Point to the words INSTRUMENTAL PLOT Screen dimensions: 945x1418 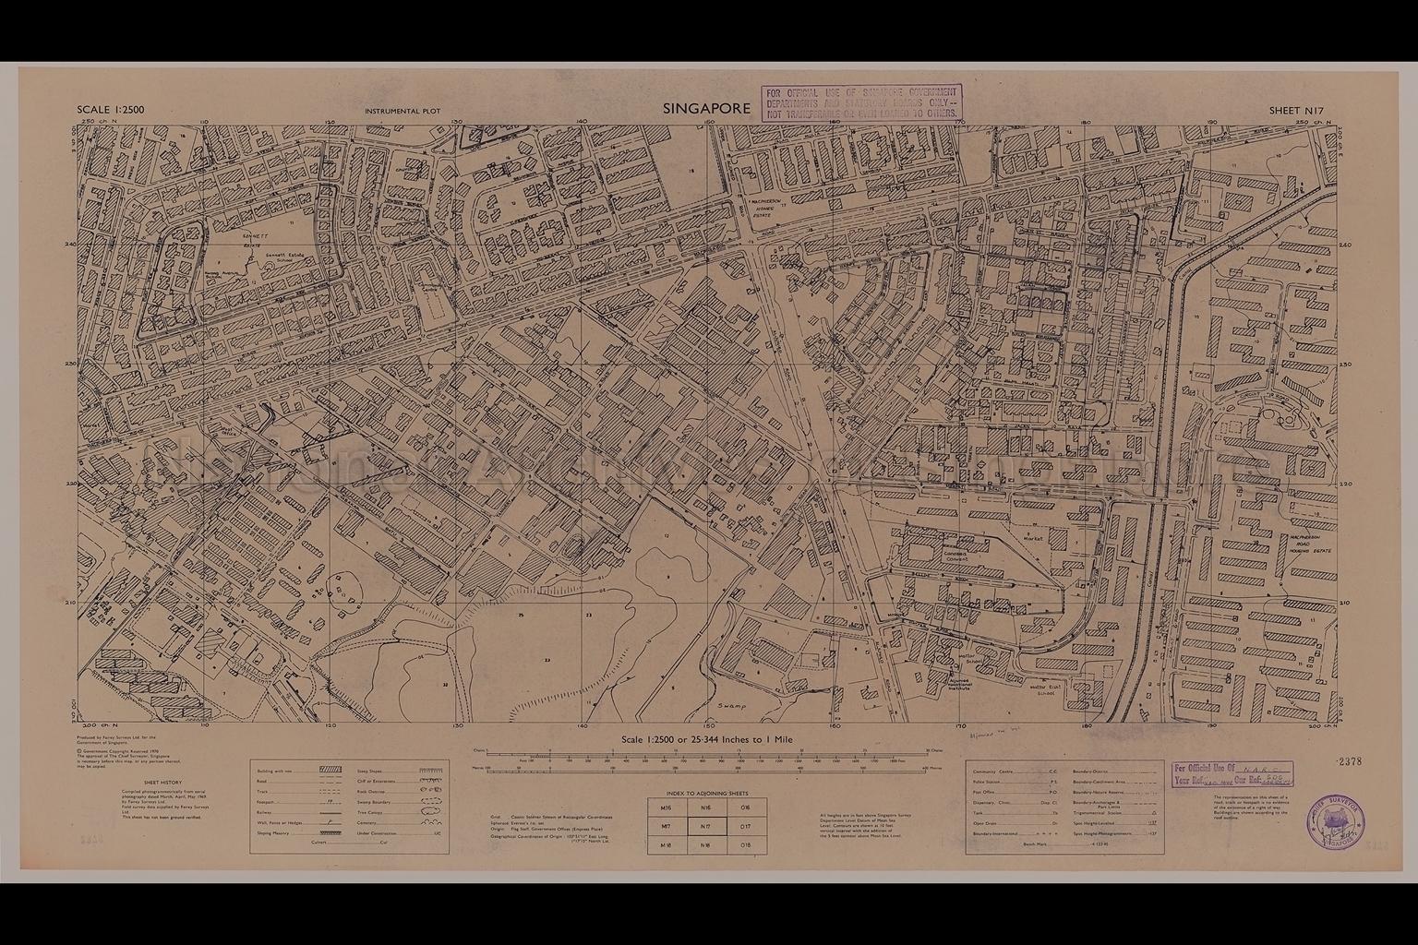(x=402, y=112)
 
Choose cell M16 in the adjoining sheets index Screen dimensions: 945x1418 (x=667, y=807)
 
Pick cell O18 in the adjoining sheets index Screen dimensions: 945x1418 (x=746, y=845)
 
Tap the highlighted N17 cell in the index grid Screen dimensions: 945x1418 (x=706, y=827)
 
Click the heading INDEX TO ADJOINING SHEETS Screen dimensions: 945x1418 (x=706, y=793)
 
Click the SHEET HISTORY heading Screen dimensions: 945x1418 (x=150, y=781)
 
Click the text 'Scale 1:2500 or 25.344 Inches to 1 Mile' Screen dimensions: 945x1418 (x=706, y=740)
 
